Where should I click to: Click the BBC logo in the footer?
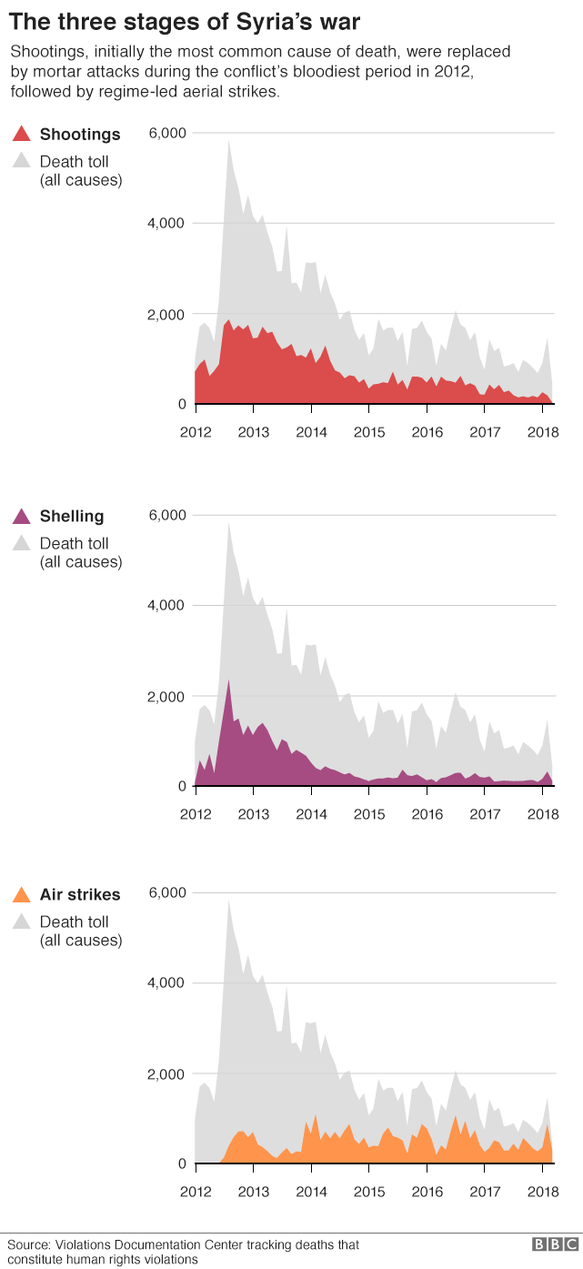[555, 1244]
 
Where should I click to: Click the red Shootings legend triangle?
[22, 136]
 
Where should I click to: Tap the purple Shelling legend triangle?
[22, 518]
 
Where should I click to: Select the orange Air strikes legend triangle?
[22, 895]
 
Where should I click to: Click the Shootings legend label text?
[80, 135]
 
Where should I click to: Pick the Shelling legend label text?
[72, 517]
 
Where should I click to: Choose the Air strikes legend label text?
[80, 894]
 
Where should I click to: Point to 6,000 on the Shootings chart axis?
[166, 134]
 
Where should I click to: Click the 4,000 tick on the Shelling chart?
[166, 606]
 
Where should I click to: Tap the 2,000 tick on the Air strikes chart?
[166, 1074]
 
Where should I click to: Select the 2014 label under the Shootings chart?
[311, 432]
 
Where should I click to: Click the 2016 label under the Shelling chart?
[427, 814]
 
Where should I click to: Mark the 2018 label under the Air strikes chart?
[543, 1192]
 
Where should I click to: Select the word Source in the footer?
[27, 1244]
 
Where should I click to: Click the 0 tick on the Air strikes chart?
[182, 1163]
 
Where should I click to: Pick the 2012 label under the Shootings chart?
[196, 432]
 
